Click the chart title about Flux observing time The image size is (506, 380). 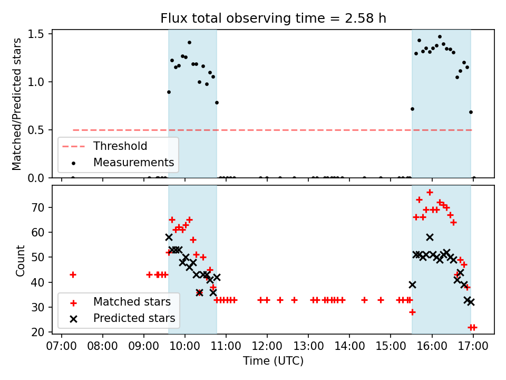click(x=273, y=18)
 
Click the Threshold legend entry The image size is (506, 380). click(x=120, y=146)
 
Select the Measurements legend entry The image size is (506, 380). click(x=133, y=162)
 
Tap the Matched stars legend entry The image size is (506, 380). click(x=132, y=302)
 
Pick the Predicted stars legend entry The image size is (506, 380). click(x=134, y=318)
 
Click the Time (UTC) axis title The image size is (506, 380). click(x=273, y=361)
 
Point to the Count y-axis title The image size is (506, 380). click(x=21, y=260)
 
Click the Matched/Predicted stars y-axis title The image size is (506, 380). click(x=17, y=104)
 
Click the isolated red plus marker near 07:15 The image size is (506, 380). click(x=73, y=274)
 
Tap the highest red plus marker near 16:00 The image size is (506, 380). click(x=430, y=192)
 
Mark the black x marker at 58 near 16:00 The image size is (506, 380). click(x=430, y=237)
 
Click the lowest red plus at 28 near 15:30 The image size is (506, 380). click(x=412, y=312)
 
